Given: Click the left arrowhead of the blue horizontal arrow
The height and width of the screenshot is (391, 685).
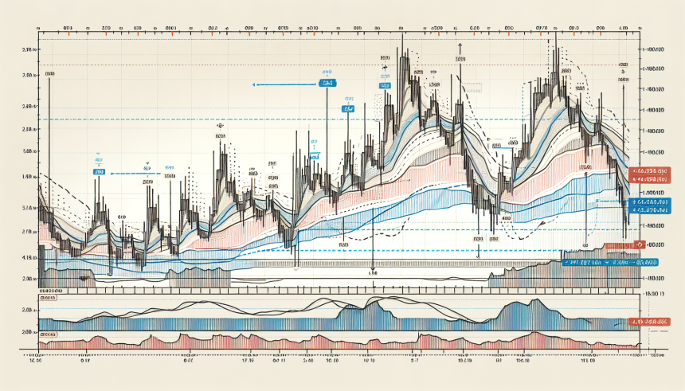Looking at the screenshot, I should (x=253, y=84).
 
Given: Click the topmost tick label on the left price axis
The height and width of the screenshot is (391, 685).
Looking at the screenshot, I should (x=29, y=50).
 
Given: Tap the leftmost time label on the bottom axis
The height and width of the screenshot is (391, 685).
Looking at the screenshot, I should (x=34, y=361).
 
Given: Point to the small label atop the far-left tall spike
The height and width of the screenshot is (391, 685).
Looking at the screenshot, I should (x=51, y=74).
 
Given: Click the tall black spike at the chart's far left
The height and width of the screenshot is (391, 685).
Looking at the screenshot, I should (x=50, y=143).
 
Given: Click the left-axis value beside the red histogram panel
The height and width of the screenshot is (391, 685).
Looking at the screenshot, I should (x=29, y=332).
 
